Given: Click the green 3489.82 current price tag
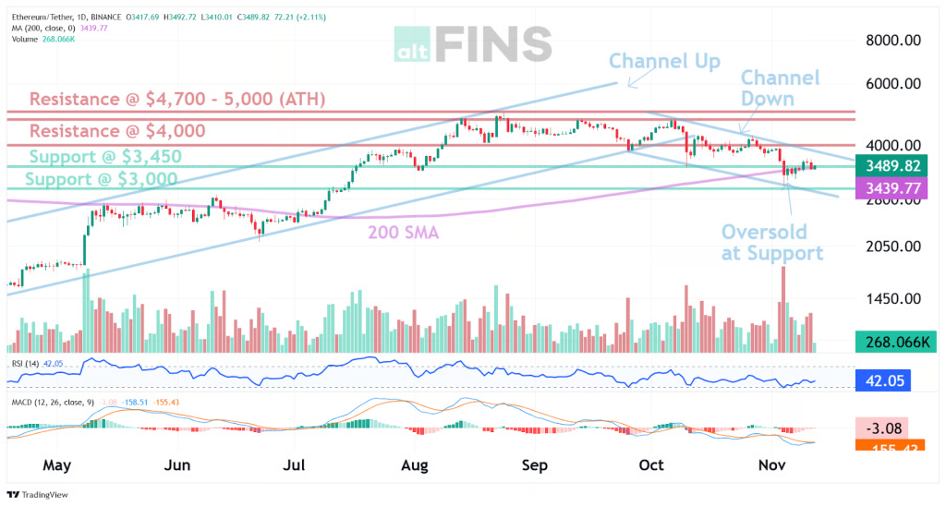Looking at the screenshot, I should tap(889, 166).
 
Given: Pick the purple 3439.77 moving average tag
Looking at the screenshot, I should tap(889, 188).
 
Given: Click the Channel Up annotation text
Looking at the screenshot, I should tap(664, 62).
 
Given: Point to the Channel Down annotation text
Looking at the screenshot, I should tap(780, 88).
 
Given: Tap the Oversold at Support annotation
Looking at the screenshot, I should tap(771, 242).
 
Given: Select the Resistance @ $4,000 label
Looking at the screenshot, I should tap(117, 131).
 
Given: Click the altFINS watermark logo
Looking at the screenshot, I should tap(472, 43).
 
